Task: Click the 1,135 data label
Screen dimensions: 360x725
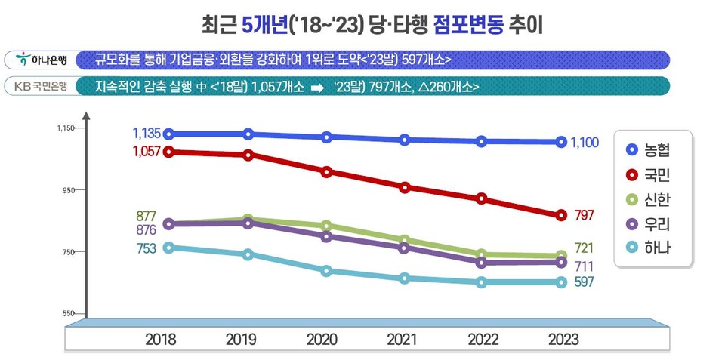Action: pyautogui.click(x=146, y=134)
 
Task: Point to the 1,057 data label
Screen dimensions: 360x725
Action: pyautogui.click(x=146, y=152)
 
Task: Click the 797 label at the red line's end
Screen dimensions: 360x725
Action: pyautogui.click(x=584, y=216)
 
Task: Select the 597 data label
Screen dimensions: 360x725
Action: pyautogui.click(x=583, y=282)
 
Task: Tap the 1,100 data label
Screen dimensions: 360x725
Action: pyautogui.click(x=585, y=141)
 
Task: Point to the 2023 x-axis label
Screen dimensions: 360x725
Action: pyautogui.click(x=561, y=340)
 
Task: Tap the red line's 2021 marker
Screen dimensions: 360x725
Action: pyautogui.click(x=405, y=187)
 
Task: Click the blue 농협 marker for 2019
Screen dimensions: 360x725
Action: pyautogui.click(x=248, y=134)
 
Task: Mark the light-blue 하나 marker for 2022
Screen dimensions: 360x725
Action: pyautogui.click(x=481, y=282)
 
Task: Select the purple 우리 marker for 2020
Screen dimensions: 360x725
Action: pyautogui.click(x=326, y=236)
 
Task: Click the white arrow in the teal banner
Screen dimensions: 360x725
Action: pyautogui.click(x=318, y=87)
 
